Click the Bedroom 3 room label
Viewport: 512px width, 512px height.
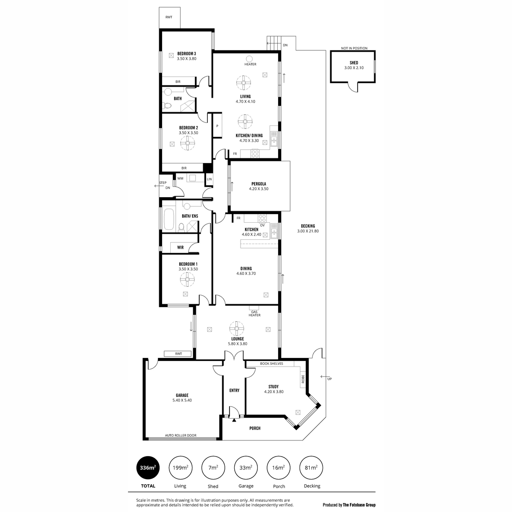tap(186, 54)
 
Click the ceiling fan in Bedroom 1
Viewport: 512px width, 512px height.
tap(187, 279)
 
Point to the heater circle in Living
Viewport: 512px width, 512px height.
tap(249, 59)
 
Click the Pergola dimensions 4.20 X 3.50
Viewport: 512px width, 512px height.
tap(259, 189)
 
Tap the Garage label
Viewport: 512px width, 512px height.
tap(182, 395)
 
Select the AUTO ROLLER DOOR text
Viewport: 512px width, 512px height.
tap(180, 436)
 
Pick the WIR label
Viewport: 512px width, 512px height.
tap(180, 247)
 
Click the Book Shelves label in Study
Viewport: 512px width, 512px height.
tap(271, 364)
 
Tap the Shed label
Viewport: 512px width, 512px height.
tap(354, 63)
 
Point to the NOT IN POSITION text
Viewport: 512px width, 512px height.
tap(354, 48)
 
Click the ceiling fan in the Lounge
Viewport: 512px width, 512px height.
tap(236, 329)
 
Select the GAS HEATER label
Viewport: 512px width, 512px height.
tap(254, 314)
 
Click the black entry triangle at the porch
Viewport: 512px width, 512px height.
tap(234, 420)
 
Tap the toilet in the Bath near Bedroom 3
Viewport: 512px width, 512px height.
tap(168, 106)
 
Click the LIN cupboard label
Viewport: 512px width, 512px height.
tap(209, 179)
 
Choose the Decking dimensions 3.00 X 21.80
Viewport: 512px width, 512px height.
tap(308, 231)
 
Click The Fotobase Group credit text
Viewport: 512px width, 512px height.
tap(359, 505)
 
